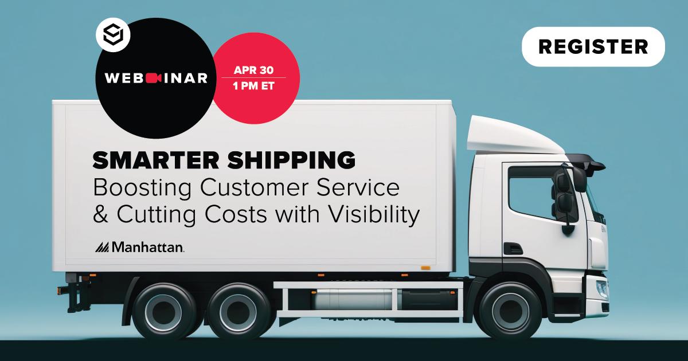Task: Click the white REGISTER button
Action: [x=593, y=46]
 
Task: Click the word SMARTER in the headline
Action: [x=148, y=161]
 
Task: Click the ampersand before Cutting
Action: [x=100, y=215]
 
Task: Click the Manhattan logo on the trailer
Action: [x=139, y=247]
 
